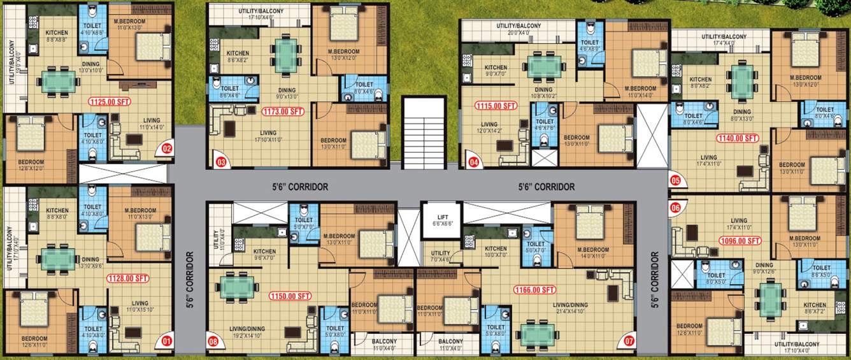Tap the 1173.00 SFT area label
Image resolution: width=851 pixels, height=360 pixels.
[283, 111]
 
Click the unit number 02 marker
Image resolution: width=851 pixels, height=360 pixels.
[167, 150]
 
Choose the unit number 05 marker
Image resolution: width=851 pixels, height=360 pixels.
[676, 180]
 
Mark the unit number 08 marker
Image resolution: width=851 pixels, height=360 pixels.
[213, 341]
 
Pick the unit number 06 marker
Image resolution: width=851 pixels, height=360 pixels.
[676, 206]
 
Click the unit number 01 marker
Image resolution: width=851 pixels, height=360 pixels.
[167, 341]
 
